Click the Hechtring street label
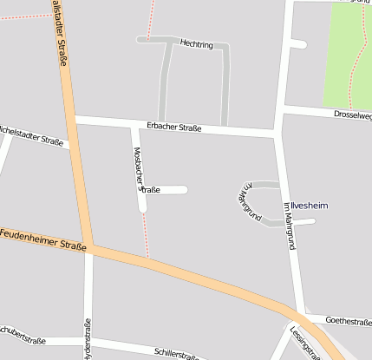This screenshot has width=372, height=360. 196,43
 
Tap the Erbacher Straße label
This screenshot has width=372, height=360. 174,128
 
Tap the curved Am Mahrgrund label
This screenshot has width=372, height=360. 251,204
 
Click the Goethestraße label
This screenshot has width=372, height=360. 350,321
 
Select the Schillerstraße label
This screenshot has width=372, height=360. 178,354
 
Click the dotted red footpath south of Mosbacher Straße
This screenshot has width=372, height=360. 146,234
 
